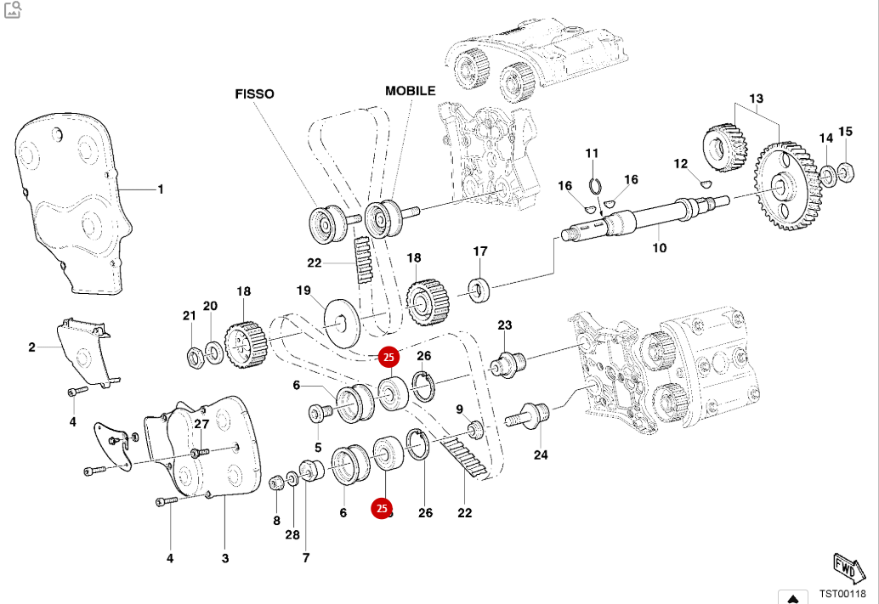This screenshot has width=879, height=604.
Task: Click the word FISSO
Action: point(254,94)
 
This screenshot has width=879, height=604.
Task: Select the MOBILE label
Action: point(410,90)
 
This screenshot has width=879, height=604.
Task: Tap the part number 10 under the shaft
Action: point(660,248)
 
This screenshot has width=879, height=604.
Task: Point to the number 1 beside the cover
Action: point(160,189)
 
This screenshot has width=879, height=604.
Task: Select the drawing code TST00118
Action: point(842,594)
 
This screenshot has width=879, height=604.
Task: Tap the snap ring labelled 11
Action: point(595,185)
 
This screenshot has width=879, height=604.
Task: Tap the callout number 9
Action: point(460,409)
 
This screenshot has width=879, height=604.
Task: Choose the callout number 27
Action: point(201,424)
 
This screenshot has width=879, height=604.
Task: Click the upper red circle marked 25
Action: point(388,358)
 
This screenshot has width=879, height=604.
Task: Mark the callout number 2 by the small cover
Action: point(31,347)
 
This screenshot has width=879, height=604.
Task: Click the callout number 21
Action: point(189,316)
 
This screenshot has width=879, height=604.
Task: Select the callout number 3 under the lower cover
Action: point(225,558)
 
